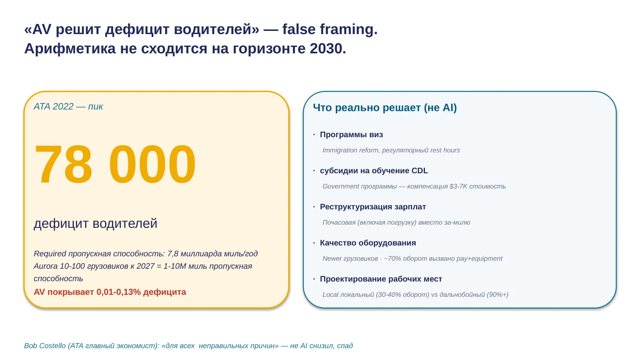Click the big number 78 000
click(x=115, y=164)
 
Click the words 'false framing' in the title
click(x=327, y=30)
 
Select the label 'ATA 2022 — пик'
click(x=68, y=107)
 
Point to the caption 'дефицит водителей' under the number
click(x=95, y=223)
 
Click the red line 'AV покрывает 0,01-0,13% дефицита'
click(x=110, y=292)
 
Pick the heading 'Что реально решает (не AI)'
click(x=385, y=108)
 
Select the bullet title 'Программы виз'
click(x=351, y=134)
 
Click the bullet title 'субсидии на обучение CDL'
click(x=374, y=170)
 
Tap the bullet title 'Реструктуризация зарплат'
click(x=373, y=207)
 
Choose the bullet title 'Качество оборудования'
click(x=368, y=243)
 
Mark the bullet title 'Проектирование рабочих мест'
click(x=381, y=279)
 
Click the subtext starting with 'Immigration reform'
click(x=391, y=150)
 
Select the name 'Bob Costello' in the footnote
click(x=45, y=346)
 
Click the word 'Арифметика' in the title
click(x=70, y=49)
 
